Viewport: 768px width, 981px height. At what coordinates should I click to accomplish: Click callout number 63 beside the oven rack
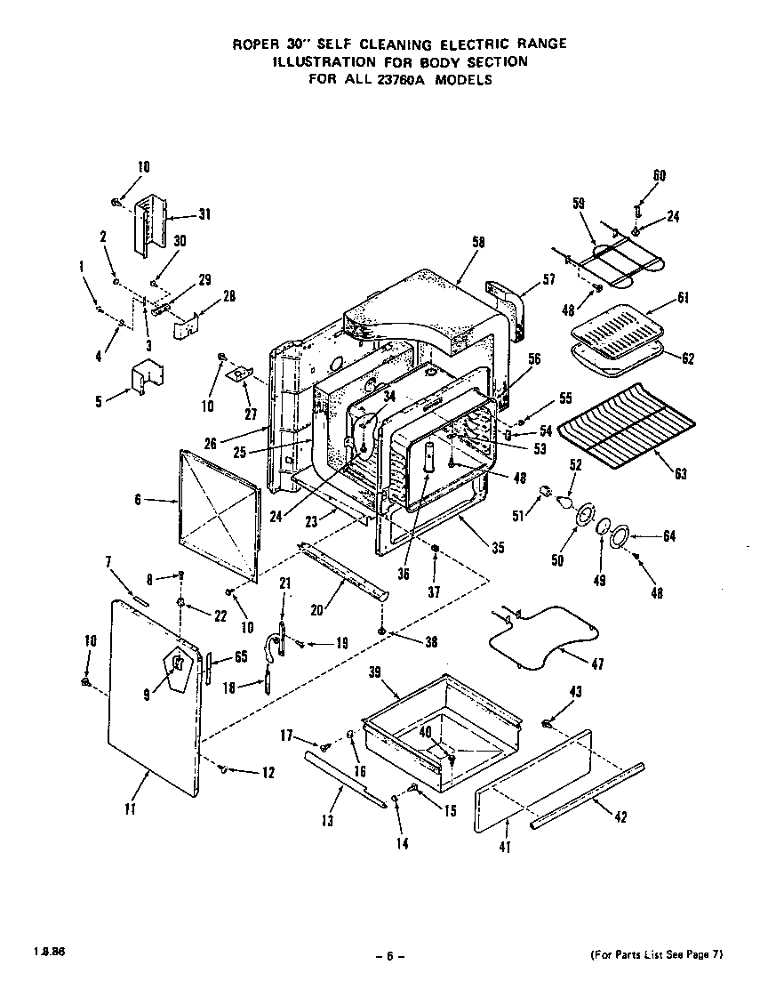click(x=681, y=474)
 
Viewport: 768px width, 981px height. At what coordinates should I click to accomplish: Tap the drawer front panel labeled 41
click(x=533, y=783)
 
